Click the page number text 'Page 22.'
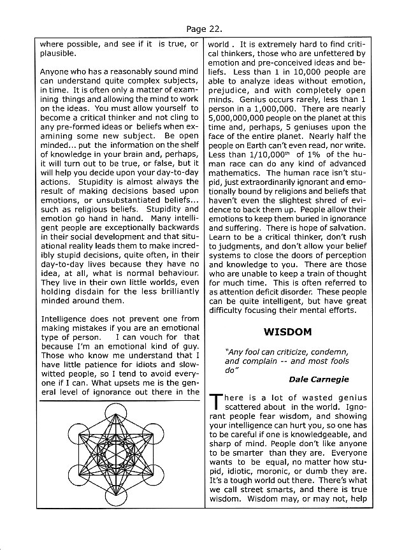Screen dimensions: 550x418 tap(209, 29)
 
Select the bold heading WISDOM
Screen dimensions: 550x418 tap(287, 332)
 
